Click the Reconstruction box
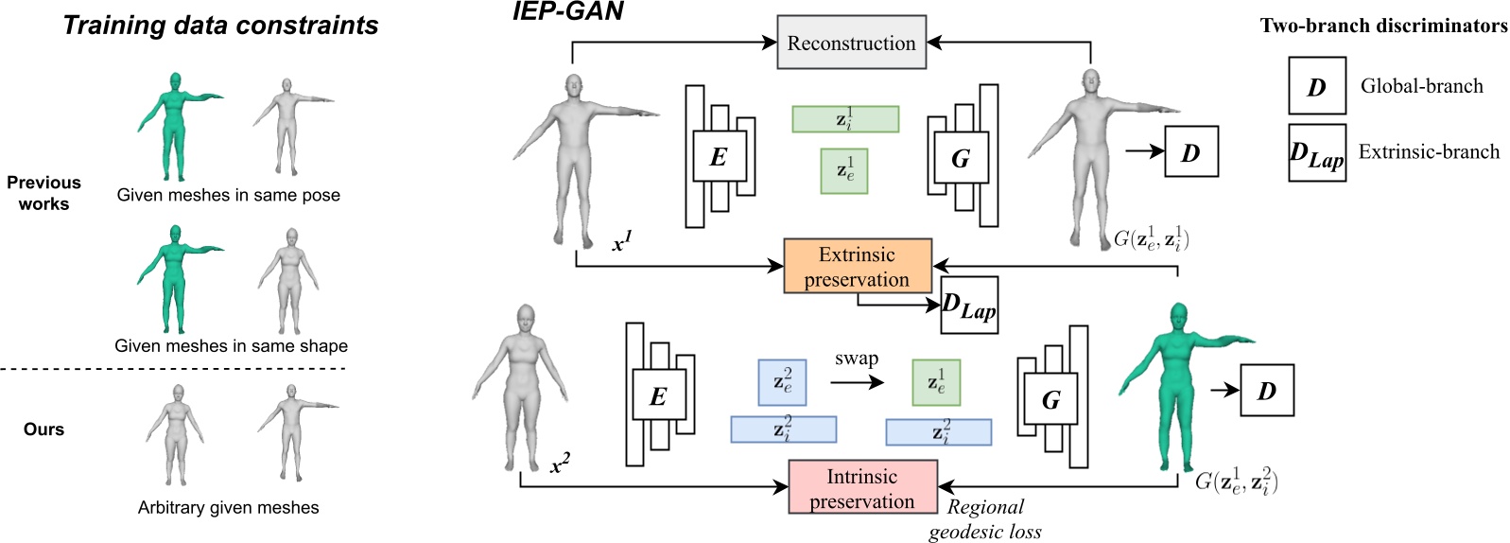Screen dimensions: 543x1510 coord(851,43)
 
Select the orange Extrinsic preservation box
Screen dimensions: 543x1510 coord(858,267)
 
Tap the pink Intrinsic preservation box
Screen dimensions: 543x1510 coord(862,488)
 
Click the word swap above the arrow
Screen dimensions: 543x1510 coord(857,359)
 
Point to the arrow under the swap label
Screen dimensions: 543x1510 coord(857,382)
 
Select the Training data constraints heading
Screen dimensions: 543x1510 coord(220,26)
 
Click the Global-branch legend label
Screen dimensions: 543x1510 coord(1421,86)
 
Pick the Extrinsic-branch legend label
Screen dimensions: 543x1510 coord(1429,151)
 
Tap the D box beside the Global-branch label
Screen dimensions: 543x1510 coord(1316,86)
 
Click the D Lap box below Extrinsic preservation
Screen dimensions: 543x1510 coord(969,306)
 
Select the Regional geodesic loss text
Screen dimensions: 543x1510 coord(985,519)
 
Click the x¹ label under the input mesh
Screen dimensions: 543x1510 coord(621,243)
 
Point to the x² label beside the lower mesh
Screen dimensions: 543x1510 coord(560,464)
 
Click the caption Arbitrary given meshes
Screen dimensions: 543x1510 coord(228,508)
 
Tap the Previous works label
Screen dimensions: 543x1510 coord(43,193)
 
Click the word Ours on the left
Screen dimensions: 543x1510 coord(43,429)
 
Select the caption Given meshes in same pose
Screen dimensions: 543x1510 coord(228,195)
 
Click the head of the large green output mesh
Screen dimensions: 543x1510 coord(1178,316)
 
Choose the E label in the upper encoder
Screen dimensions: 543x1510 coord(718,157)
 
